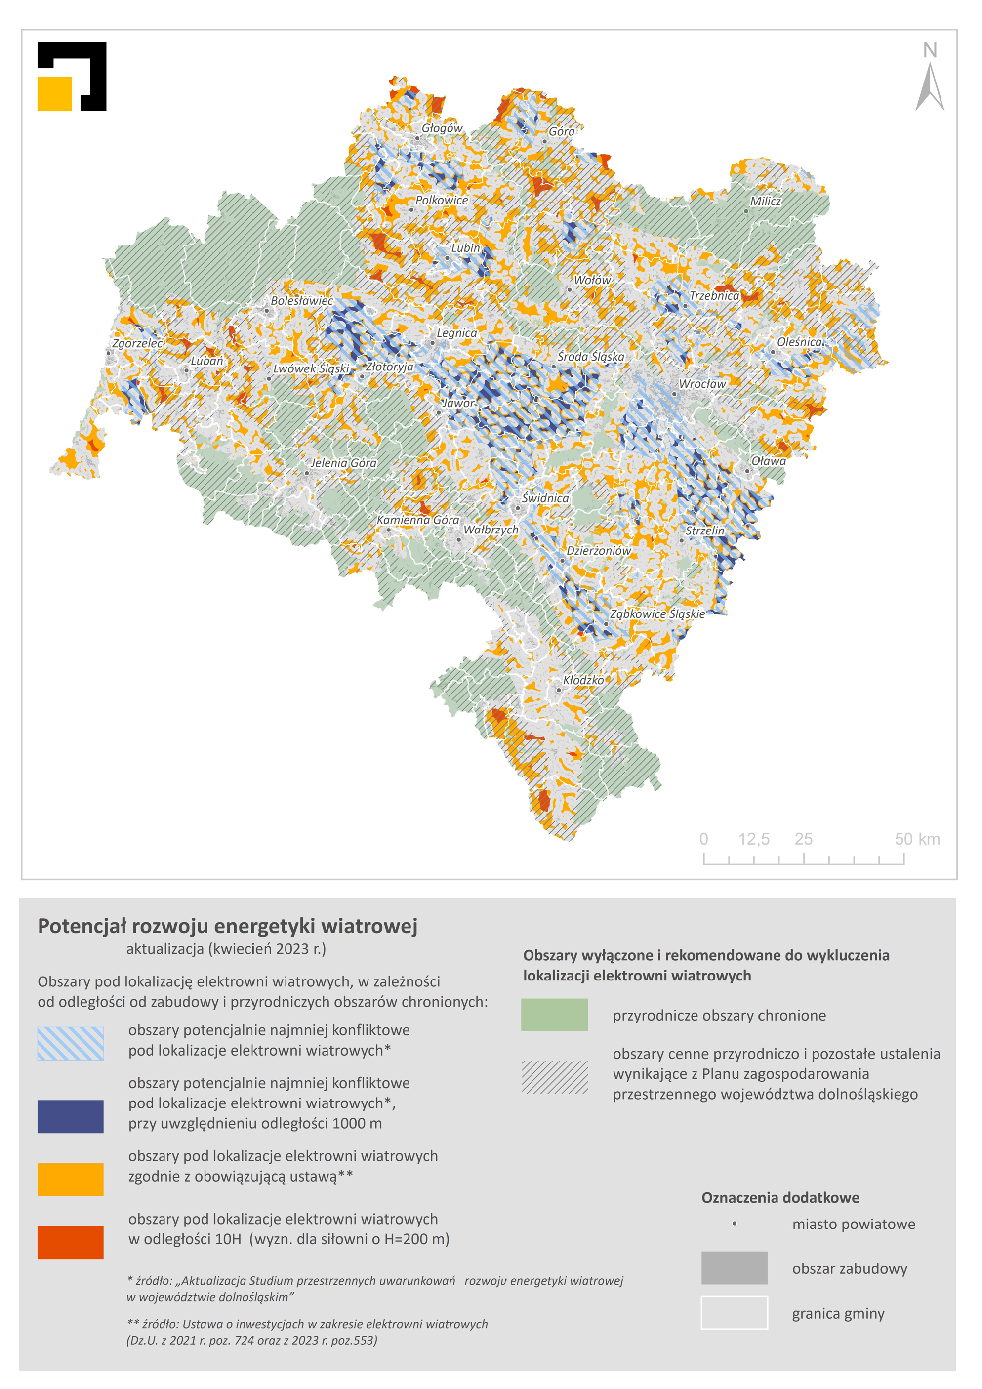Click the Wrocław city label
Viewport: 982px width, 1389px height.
tap(702, 383)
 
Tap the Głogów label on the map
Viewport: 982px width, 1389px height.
tap(442, 128)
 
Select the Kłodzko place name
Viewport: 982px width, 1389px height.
tap(583, 680)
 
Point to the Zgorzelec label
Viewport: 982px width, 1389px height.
tap(137, 343)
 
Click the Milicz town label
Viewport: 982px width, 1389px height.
tap(765, 201)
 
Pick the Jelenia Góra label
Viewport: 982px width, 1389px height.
tap(343, 463)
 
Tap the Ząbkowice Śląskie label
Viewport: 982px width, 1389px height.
tap(657, 613)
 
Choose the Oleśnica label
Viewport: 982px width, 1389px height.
tap(799, 342)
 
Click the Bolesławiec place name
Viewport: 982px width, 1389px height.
tap(301, 301)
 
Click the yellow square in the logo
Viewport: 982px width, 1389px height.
tap(54, 94)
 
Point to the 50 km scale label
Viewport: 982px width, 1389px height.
tap(917, 839)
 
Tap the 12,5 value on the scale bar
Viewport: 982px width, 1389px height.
tap(753, 839)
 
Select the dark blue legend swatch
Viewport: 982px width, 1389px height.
tap(70, 1116)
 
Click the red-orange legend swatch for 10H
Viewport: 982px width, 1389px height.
tap(70, 1242)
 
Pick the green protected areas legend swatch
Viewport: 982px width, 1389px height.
tap(554, 1015)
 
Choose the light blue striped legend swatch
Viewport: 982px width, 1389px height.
tap(70, 1043)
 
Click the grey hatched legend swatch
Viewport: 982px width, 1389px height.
tap(554, 1077)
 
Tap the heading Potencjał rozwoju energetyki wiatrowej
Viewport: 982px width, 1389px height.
tap(228, 926)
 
